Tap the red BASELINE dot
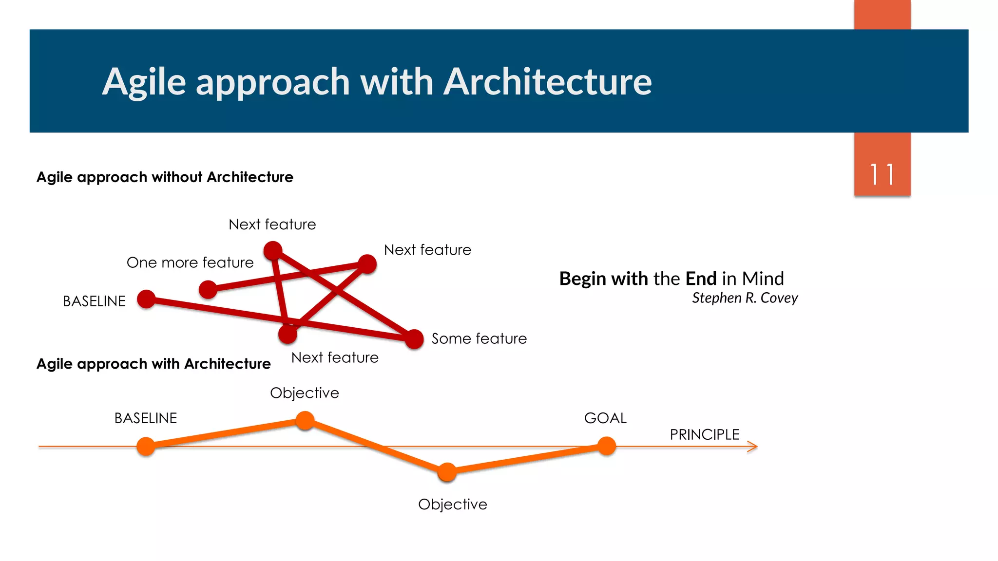tap(146, 299)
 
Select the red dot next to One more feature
tap(208, 289)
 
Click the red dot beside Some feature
tap(414, 339)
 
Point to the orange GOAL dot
tap(607, 446)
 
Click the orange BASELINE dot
tap(146, 446)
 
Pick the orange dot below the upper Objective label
tap(305, 420)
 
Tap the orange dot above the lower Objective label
tap(447, 472)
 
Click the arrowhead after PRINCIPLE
tap(753, 446)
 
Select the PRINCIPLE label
tap(704, 434)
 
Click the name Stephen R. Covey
tap(745, 298)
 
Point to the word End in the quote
tap(701, 279)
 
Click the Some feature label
tap(479, 338)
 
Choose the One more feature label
tap(190, 262)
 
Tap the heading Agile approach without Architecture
tap(165, 177)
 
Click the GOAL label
tap(605, 418)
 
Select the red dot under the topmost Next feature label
tap(273, 250)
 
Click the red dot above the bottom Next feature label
tap(288, 334)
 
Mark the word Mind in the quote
tap(763, 279)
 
